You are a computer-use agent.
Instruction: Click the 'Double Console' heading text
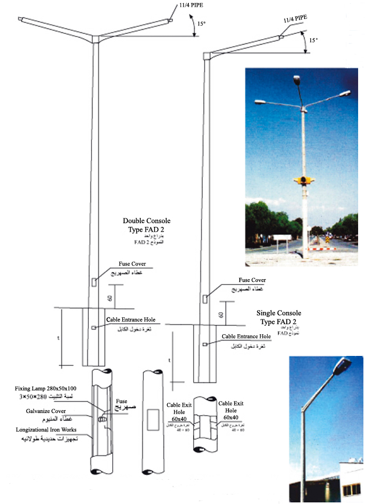[147, 221]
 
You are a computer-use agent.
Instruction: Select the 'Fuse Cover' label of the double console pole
[131, 264]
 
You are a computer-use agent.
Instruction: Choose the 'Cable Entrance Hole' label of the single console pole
[246, 336]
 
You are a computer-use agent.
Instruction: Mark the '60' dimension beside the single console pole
[221, 315]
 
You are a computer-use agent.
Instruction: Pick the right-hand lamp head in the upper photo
[344, 94]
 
